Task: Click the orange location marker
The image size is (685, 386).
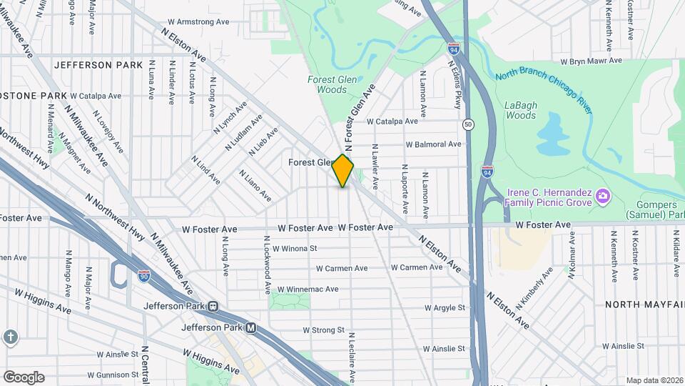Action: click(343, 171)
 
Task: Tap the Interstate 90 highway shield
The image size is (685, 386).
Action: click(143, 276)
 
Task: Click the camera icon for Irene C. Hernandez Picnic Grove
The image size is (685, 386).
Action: click(603, 195)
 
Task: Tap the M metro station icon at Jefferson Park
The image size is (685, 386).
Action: click(250, 329)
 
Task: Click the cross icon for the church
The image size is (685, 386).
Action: click(10, 336)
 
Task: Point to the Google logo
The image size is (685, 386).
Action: click(24, 377)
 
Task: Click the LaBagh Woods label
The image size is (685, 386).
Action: click(519, 110)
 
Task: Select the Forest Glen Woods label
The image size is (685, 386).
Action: click(328, 84)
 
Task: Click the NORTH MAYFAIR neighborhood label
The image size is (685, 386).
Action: click(639, 305)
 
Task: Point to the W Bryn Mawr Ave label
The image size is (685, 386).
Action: click(592, 61)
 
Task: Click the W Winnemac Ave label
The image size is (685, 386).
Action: click(311, 289)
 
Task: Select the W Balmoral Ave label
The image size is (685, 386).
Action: click(433, 144)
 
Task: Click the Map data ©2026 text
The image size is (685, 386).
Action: click(654, 380)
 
